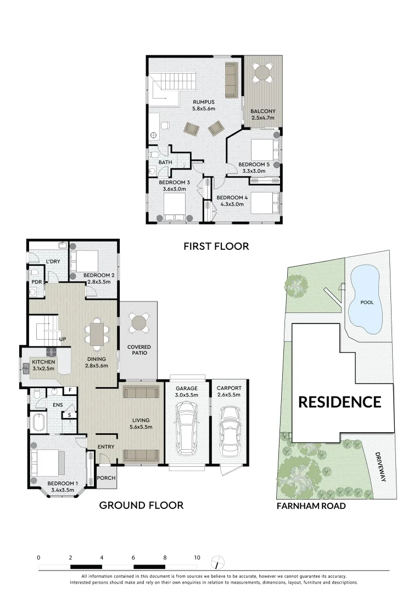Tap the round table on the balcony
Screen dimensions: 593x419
tap(263, 72)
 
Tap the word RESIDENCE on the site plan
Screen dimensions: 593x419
tap(339, 402)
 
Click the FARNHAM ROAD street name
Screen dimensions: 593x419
tap(311, 506)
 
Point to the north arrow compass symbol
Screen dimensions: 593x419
tap(218, 562)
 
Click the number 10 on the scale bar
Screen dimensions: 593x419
tap(197, 557)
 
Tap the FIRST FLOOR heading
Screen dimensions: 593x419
tap(216, 247)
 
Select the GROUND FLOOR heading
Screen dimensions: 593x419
tap(141, 505)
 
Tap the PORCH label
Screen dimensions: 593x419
tap(106, 478)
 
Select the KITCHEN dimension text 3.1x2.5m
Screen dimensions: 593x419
tap(43, 369)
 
